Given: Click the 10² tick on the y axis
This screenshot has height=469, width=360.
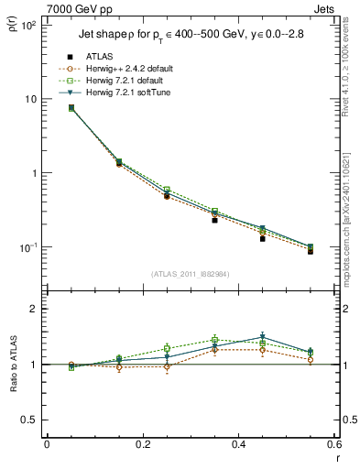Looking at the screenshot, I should point(28,25).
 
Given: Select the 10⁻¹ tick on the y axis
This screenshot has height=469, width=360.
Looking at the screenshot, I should point(28,247).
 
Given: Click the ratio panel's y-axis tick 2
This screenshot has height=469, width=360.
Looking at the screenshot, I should point(35,309).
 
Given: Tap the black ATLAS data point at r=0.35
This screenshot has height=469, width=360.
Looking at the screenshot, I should point(214,220).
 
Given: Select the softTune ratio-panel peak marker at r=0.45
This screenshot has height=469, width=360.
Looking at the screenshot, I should point(262,336).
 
